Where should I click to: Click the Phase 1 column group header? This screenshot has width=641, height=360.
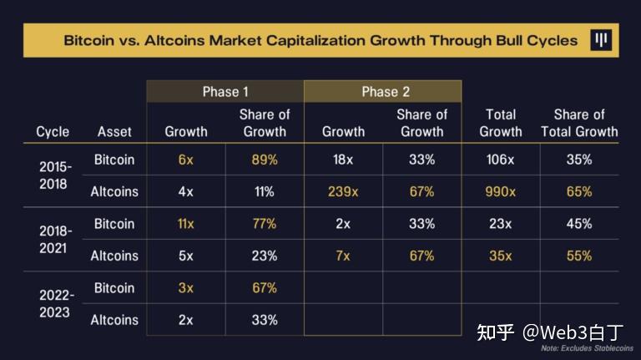[x=225, y=91]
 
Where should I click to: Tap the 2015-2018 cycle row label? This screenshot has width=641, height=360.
[x=55, y=175]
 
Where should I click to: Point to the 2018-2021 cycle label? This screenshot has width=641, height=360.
[x=55, y=240]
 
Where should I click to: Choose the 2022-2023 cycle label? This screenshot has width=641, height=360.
[x=55, y=304]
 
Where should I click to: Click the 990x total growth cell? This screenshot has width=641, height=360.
[x=501, y=191]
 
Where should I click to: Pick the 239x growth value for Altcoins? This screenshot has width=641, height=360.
[x=343, y=191]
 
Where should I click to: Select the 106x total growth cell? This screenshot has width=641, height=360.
[x=501, y=159]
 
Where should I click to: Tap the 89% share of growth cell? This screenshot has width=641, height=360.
[x=264, y=159]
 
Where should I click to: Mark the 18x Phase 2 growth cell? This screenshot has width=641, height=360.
[x=343, y=159]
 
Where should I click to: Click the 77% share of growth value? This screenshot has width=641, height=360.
[x=264, y=224]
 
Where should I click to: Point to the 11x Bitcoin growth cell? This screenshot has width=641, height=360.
[x=185, y=224]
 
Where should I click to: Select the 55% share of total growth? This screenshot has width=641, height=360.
[x=578, y=256]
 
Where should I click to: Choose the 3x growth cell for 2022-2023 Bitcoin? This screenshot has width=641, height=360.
[x=185, y=288]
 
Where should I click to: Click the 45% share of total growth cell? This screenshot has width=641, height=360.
[x=578, y=224]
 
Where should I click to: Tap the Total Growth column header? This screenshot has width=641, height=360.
[x=501, y=123]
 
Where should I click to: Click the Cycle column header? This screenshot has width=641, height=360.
[x=53, y=131]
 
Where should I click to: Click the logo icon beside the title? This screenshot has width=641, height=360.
[x=601, y=40]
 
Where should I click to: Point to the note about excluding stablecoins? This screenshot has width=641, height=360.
[x=586, y=348]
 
